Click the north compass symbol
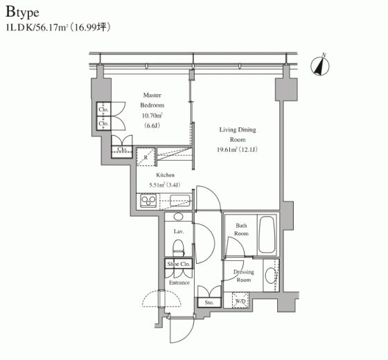[320, 66]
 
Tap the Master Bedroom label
[152, 100]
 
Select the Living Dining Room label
[238, 134]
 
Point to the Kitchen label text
[166, 175]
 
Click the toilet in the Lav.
[179, 248]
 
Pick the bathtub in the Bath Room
[267, 235]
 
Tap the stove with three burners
[148, 200]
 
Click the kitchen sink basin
[180, 200]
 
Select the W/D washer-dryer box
[240, 300]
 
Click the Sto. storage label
[209, 303]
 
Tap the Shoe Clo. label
[179, 264]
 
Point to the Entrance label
[179, 282]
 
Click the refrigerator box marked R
[145, 156]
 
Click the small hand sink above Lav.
[178, 217]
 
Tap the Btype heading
[22, 12]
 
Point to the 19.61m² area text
[227, 150]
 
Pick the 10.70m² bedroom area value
[152, 116]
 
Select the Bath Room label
[241, 229]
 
